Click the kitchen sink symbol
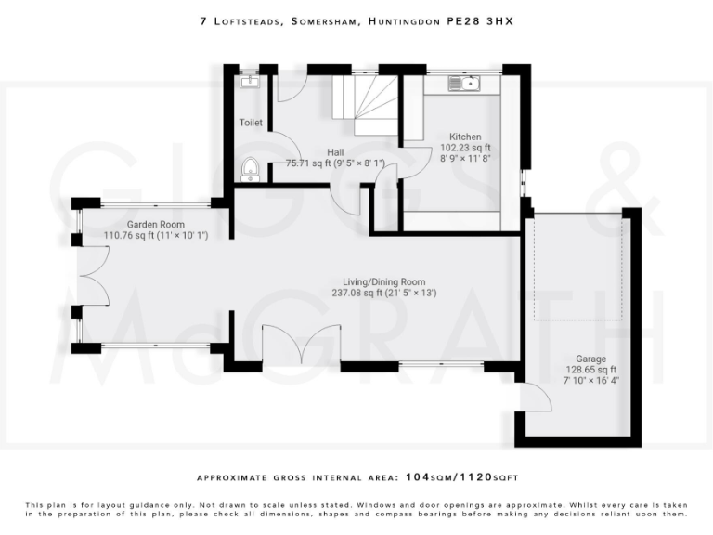coord(464,84)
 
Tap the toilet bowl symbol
coord(250,169)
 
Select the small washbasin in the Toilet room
coord(249,82)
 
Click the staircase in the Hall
coord(365,105)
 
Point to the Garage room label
coord(590,359)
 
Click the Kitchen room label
coord(465,137)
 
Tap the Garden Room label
coord(156,224)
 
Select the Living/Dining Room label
coord(384,282)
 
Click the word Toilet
coord(251,123)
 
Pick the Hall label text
coord(335,152)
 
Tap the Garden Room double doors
coord(95,276)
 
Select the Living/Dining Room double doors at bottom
coord(302,344)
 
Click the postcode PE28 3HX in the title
coord(480,21)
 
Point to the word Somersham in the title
coord(324,21)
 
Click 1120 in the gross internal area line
coord(476,477)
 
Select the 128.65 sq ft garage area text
coord(591,370)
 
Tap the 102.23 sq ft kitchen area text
coord(465,148)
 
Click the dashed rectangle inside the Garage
coord(578,267)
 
